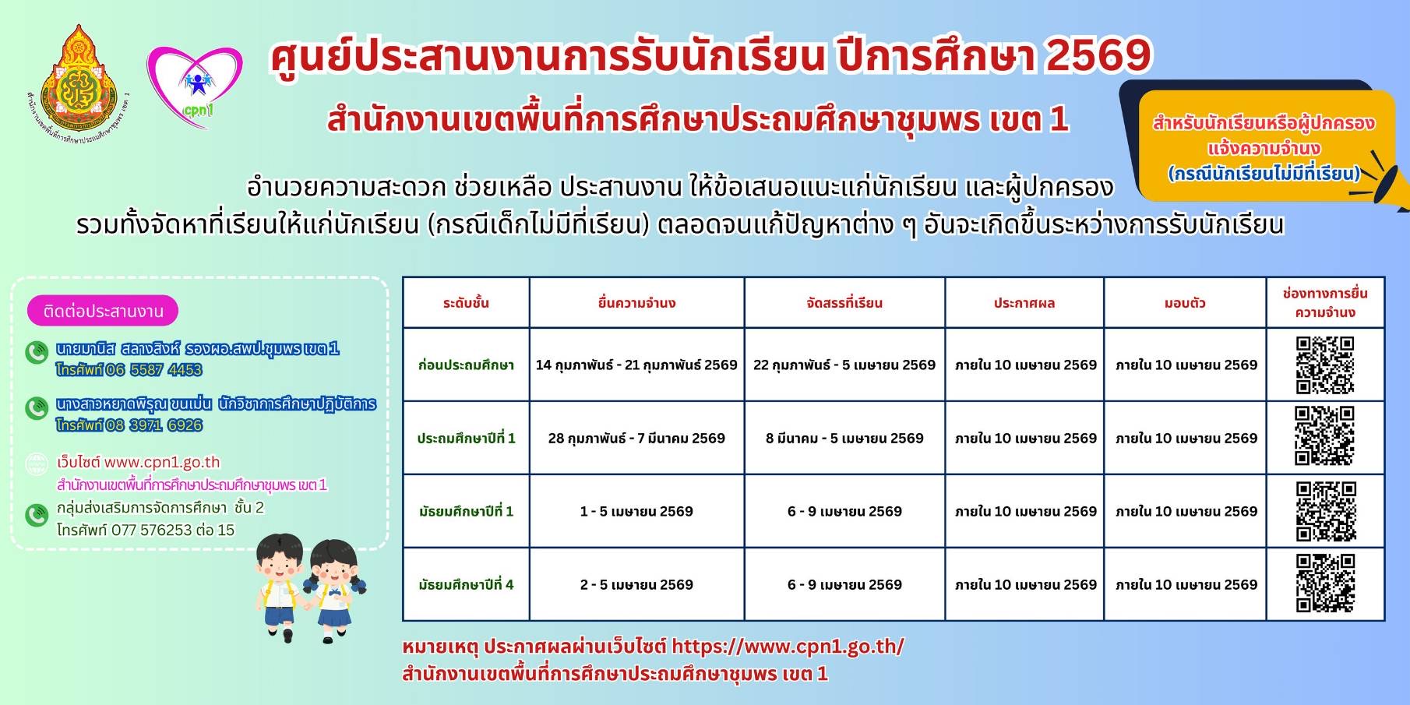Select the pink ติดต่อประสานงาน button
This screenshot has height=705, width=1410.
click(103, 311)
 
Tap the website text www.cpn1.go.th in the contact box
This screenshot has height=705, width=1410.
click(162, 462)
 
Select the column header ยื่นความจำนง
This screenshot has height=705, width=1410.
click(636, 303)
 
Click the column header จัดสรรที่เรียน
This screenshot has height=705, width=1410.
click(844, 303)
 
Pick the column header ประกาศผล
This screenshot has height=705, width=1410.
click(1024, 303)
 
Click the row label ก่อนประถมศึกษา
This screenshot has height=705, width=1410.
click(466, 365)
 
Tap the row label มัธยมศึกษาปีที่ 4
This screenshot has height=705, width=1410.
click(466, 584)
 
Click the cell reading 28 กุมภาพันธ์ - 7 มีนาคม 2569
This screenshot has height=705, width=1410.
click(636, 438)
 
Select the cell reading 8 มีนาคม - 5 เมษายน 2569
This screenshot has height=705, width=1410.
click(844, 438)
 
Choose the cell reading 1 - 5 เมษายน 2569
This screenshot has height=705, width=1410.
click(636, 511)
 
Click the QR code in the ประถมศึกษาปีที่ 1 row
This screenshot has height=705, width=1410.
click(1324, 436)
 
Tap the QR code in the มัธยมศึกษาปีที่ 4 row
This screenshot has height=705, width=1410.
click(1324, 583)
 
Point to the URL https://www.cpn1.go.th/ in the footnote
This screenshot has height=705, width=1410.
click(788, 647)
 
